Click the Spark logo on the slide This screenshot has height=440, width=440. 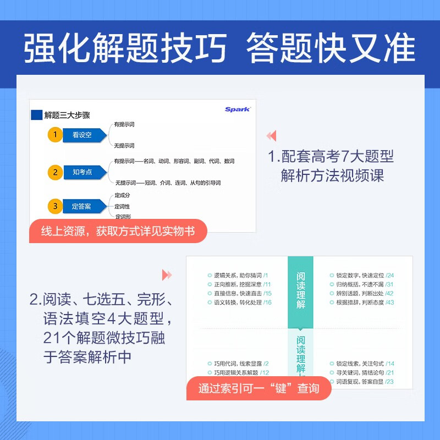[x=237, y=109]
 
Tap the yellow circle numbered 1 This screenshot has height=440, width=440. [x=55, y=135]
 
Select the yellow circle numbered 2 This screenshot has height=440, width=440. [x=55, y=172]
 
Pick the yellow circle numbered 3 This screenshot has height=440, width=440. [x=55, y=207]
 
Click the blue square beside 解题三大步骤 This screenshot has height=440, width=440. [x=36, y=115]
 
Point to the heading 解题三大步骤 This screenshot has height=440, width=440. [x=67, y=115]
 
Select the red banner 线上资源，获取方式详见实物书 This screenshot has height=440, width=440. [x=119, y=232]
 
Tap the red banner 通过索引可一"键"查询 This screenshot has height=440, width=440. [x=258, y=388]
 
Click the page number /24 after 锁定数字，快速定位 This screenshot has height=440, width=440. [x=390, y=274]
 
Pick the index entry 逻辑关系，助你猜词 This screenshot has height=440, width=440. [x=237, y=274]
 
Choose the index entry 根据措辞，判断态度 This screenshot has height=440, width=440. [x=357, y=302]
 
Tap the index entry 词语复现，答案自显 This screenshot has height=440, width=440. [x=357, y=382]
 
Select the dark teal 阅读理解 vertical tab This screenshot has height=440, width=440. [x=300, y=290]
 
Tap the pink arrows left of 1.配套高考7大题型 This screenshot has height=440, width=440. [x=271, y=136]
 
